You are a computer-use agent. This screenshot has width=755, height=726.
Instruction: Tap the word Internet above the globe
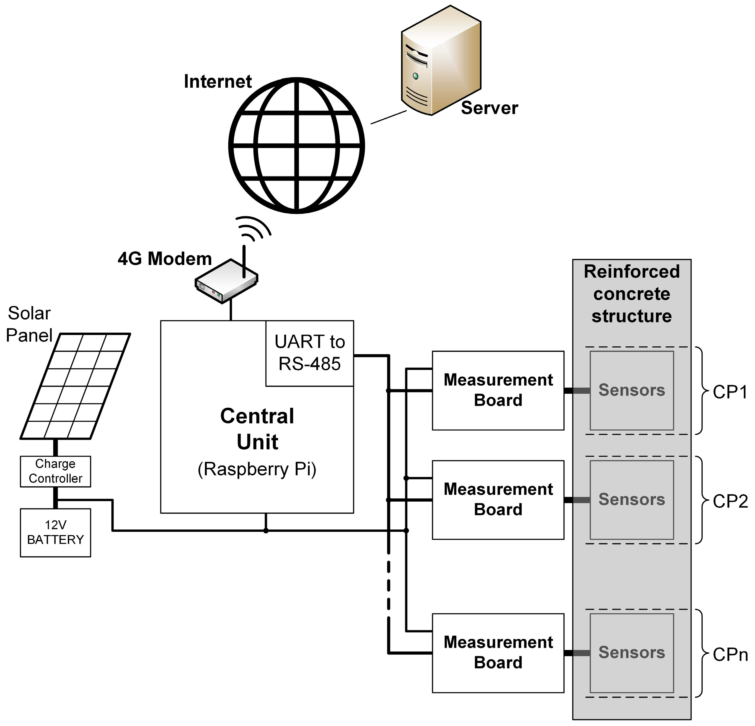[x=218, y=82]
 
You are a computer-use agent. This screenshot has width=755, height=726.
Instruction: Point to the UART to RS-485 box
[x=309, y=353]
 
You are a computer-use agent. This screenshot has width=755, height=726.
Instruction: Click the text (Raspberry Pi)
[x=257, y=469]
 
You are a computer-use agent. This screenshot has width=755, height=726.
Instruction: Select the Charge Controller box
[x=55, y=471]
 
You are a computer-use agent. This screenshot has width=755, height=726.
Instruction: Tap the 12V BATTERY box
[x=55, y=532]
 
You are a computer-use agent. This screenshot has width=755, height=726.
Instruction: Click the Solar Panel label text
[x=29, y=324]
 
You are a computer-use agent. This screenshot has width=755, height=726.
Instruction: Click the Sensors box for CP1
[x=631, y=390]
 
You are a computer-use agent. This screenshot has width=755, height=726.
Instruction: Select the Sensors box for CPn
[x=631, y=653]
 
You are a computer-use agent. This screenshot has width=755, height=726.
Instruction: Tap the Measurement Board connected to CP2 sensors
[x=498, y=500]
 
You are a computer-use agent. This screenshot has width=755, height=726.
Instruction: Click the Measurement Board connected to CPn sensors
[x=498, y=653]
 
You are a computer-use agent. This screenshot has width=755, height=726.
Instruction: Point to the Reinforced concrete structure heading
[x=631, y=293]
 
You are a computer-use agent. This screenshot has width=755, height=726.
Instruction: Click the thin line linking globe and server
[x=388, y=117]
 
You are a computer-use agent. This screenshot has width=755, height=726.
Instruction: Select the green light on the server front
[x=415, y=76]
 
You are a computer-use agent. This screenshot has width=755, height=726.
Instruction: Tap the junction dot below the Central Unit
[x=266, y=531]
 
